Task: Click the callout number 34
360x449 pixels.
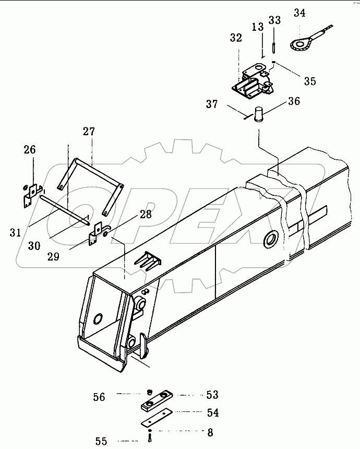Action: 299,13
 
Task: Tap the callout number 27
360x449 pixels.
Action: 89,132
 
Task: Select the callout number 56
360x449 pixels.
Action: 99,397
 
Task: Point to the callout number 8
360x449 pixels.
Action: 210,432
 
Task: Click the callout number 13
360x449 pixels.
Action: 258,27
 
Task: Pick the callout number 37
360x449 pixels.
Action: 212,104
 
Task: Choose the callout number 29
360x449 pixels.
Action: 53,256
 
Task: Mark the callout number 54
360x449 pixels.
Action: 213,412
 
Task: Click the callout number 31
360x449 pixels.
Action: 15,232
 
